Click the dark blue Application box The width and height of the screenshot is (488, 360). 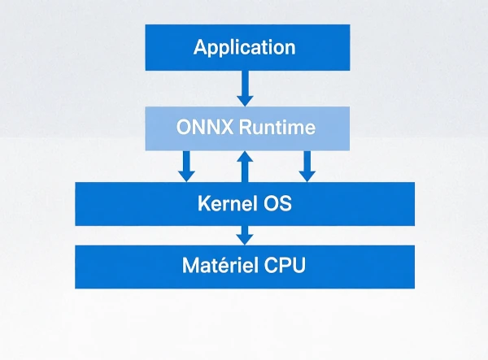[246, 47]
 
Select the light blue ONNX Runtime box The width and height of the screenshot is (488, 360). [246, 128]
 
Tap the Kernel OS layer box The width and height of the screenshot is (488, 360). [245, 203]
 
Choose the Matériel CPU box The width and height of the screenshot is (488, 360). [245, 266]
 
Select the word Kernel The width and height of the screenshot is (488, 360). [224, 203]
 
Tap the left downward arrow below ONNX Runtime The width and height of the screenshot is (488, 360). [186, 166]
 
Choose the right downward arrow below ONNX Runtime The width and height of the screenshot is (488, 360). [307, 166]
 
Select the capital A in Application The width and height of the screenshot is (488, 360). [201, 47]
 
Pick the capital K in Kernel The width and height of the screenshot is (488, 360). [203, 203]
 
